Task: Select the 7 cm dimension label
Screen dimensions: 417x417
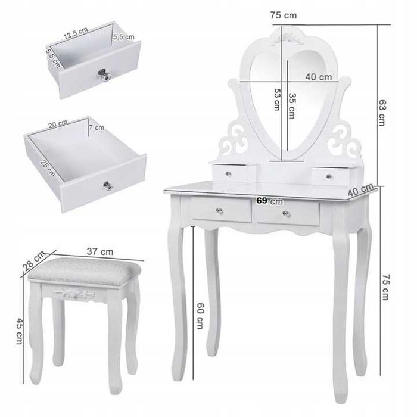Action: pyautogui.click(x=96, y=127)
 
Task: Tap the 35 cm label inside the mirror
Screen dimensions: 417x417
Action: pyautogui.click(x=292, y=106)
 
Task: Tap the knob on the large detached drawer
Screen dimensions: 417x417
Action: pyautogui.click(x=108, y=186)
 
